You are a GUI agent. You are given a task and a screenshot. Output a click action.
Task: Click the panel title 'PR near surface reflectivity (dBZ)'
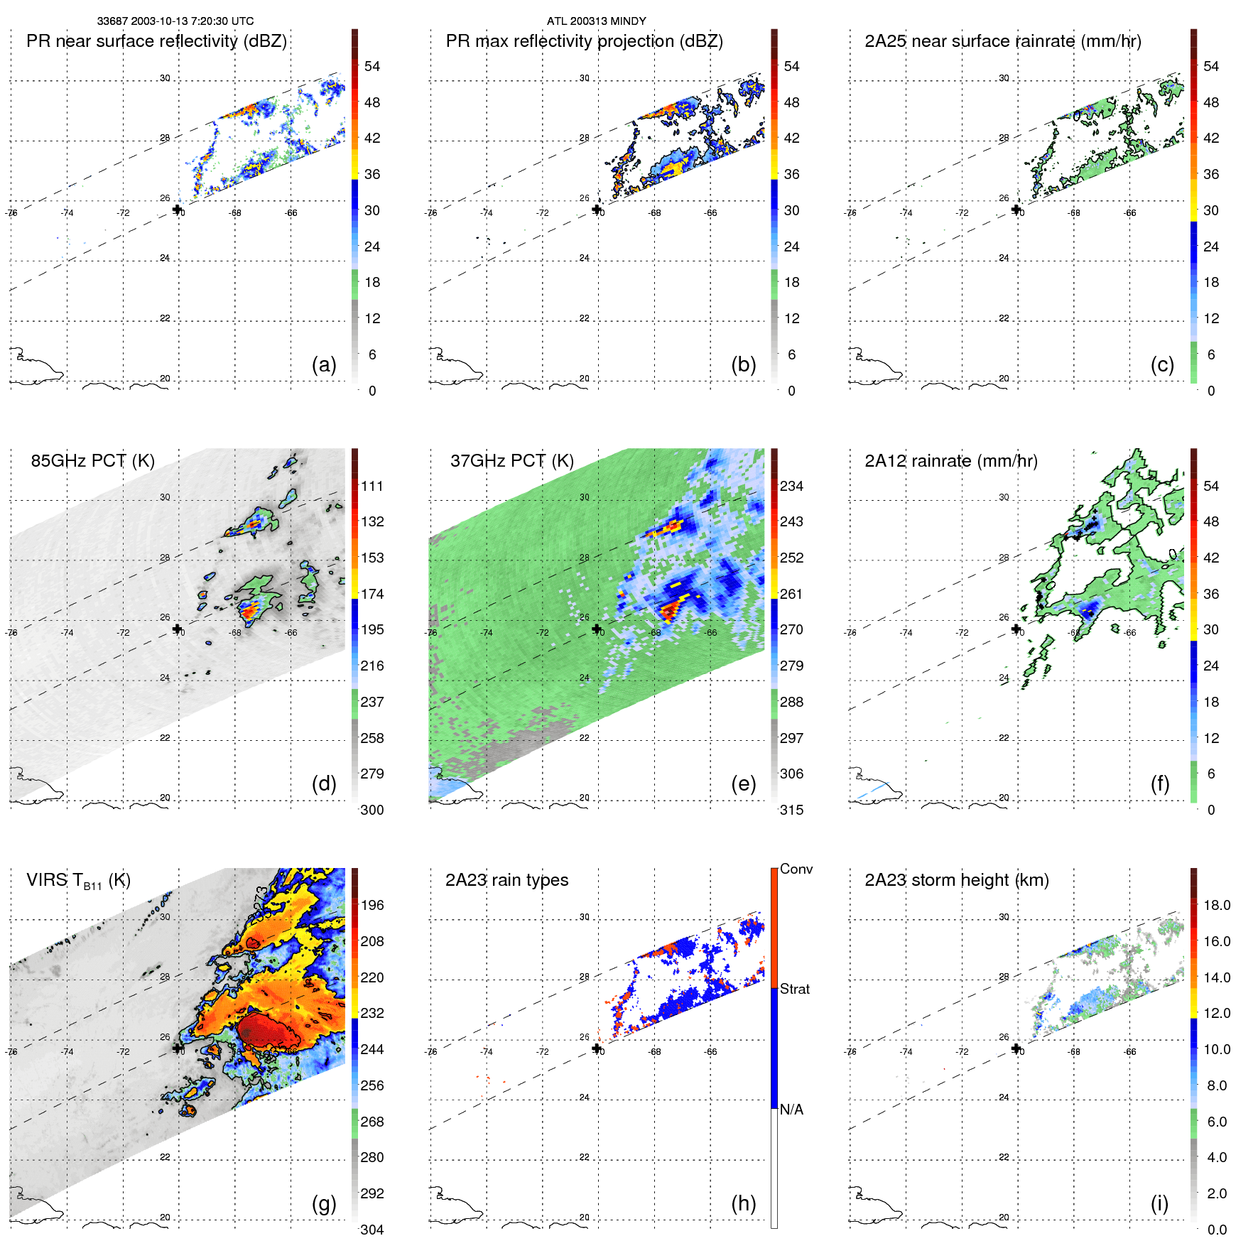point(156,41)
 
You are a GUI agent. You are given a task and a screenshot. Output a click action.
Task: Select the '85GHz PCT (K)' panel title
point(92,461)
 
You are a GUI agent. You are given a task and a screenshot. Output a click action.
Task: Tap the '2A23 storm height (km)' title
point(956,880)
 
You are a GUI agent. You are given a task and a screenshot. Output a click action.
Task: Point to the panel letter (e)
point(743,784)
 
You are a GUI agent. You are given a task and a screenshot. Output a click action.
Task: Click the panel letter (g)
point(324,1203)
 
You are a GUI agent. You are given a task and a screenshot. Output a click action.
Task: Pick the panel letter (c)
point(1162,365)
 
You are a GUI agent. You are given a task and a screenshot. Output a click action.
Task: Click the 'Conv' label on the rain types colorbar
point(796,869)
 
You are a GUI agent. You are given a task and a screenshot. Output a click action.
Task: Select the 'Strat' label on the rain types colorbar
point(794,989)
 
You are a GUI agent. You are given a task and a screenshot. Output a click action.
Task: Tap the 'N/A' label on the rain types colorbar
point(791,1110)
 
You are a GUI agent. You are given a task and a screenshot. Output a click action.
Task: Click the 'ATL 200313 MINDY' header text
point(596,21)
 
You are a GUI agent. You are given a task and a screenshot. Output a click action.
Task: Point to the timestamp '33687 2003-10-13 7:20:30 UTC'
point(175,21)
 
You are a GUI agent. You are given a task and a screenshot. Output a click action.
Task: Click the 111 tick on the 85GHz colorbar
point(372,486)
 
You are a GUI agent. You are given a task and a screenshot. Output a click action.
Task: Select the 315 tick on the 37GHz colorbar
point(791,810)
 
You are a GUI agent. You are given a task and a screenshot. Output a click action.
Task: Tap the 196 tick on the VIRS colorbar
point(372,905)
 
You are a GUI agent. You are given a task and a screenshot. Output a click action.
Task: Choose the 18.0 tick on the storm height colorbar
point(1216,905)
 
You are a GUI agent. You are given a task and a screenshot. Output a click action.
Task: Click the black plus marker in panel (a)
point(177,209)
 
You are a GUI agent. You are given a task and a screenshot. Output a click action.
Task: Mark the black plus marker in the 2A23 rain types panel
point(597,1048)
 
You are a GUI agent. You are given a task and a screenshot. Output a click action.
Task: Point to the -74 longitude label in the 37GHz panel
point(487,632)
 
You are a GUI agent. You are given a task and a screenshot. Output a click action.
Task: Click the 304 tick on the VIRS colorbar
point(372,1230)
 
